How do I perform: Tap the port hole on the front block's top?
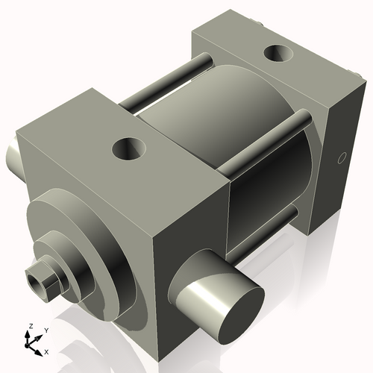click(x=128, y=148)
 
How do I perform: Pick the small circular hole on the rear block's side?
click(x=342, y=158)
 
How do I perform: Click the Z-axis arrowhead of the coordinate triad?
click(x=28, y=333)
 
